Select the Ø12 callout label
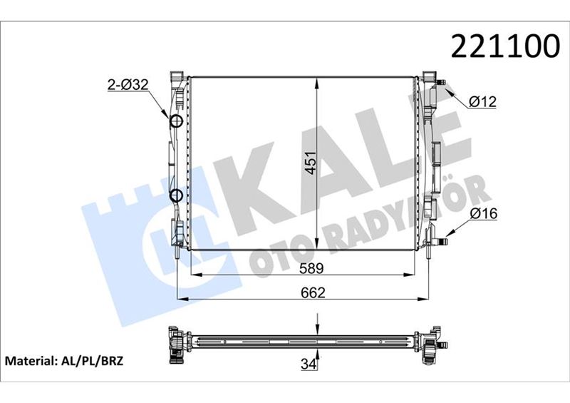tap(483, 102)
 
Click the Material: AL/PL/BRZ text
tap(65, 361)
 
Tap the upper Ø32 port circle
tap(176, 121)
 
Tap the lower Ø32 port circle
tap(176, 195)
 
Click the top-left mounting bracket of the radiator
tap(177, 76)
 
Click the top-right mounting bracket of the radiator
tap(429, 76)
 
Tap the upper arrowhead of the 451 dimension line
tap(316, 77)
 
